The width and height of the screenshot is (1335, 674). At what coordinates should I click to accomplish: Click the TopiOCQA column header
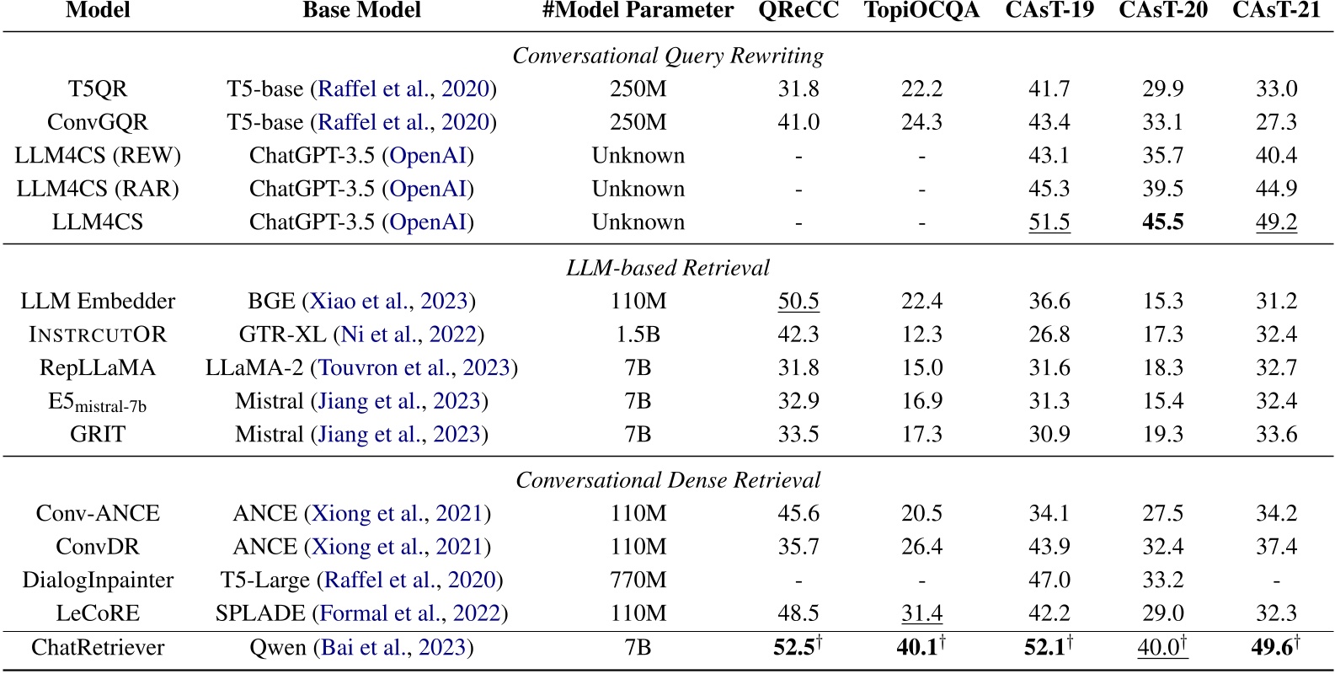(x=921, y=11)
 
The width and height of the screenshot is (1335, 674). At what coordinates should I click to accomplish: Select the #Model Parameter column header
(x=638, y=11)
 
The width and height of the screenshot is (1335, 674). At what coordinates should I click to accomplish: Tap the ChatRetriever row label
(x=98, y=648)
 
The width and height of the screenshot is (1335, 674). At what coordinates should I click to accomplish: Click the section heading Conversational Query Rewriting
(x=668, y=56)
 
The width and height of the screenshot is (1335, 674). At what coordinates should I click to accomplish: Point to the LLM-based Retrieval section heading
(x=668, y=268)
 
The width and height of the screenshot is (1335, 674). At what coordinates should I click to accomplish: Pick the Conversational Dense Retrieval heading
(x=668, y=480)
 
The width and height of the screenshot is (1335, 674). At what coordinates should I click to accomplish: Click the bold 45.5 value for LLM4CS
(x=1162, y=222)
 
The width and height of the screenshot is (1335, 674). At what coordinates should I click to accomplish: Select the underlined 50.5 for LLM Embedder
(x=798, y=302)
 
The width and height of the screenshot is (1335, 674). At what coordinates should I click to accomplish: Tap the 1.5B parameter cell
(x=638, y=334)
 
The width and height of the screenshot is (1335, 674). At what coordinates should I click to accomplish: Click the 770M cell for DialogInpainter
(x=638, y=580)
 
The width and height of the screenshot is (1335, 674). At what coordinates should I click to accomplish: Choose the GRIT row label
(x=98, y=435)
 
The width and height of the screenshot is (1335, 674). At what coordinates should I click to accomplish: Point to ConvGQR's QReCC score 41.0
(x=798, y=122)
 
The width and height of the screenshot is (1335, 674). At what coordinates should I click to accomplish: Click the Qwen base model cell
(x=361, y=648)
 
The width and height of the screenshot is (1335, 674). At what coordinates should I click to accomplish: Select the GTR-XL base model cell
(x=361, y=334)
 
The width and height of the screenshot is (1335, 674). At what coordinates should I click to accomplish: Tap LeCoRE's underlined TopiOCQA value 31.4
(x=921, y=613)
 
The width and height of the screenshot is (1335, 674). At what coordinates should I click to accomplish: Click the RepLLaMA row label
(x=98, y=368)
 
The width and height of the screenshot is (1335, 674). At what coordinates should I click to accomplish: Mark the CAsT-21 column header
(x=1276, y=11)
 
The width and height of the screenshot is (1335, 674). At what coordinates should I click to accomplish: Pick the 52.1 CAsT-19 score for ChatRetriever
(x=1049, y=648)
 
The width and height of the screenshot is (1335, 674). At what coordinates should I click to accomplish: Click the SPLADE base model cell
(x=361, y=613)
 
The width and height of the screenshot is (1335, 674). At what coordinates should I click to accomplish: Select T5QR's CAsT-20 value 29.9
(x=1162, y=89)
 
